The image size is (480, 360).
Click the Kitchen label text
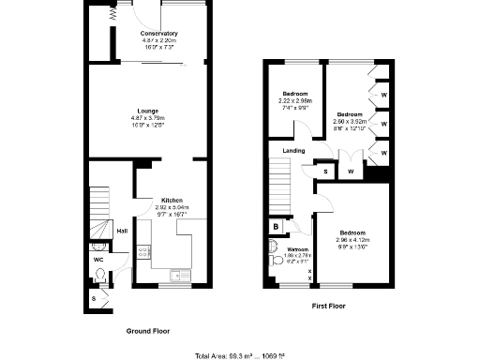click(172, 200)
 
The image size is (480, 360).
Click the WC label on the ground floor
click(98, 259)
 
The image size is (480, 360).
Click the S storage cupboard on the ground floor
click(94, 298)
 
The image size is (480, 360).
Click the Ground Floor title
click(148, 331)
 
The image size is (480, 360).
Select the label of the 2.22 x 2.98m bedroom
click(295, 94)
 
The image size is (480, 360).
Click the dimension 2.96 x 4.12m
click(352, 239)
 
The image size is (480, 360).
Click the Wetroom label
click(298, 249)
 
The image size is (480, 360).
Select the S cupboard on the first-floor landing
click(325, 172)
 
